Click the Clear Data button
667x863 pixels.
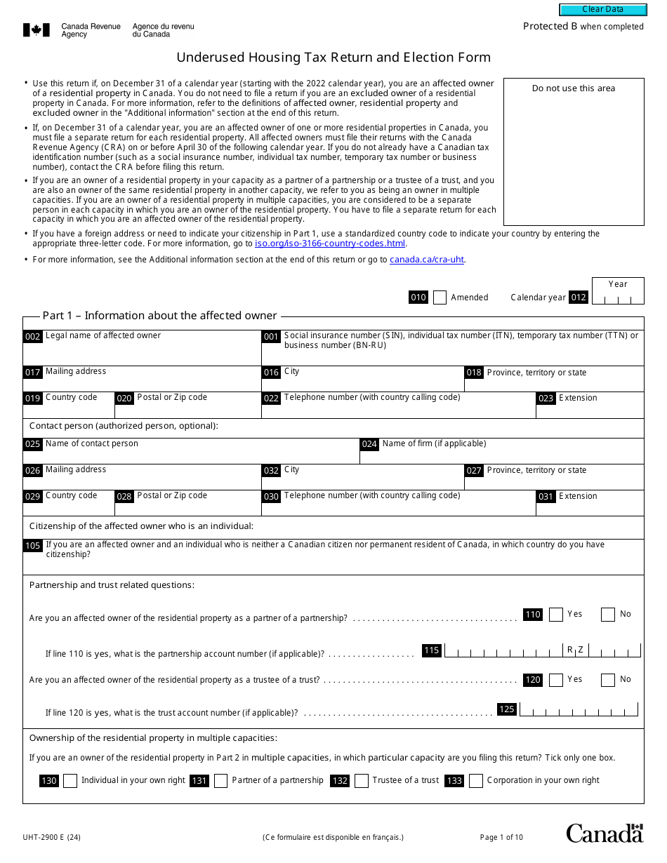602,10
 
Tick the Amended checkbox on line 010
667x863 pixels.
440,297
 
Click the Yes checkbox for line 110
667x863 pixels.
556,615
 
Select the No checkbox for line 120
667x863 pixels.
608,680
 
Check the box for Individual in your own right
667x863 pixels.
70,781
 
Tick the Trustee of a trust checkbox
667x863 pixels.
362,781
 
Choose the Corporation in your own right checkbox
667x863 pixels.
476,781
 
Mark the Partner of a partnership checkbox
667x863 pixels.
221,781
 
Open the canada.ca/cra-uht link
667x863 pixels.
427,260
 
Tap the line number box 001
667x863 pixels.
271,337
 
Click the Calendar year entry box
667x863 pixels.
617,297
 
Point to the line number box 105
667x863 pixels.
33,546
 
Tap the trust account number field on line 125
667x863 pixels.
579,709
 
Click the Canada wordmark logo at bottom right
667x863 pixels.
605,833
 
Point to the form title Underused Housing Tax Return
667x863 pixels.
333,58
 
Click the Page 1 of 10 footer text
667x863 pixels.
501,837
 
